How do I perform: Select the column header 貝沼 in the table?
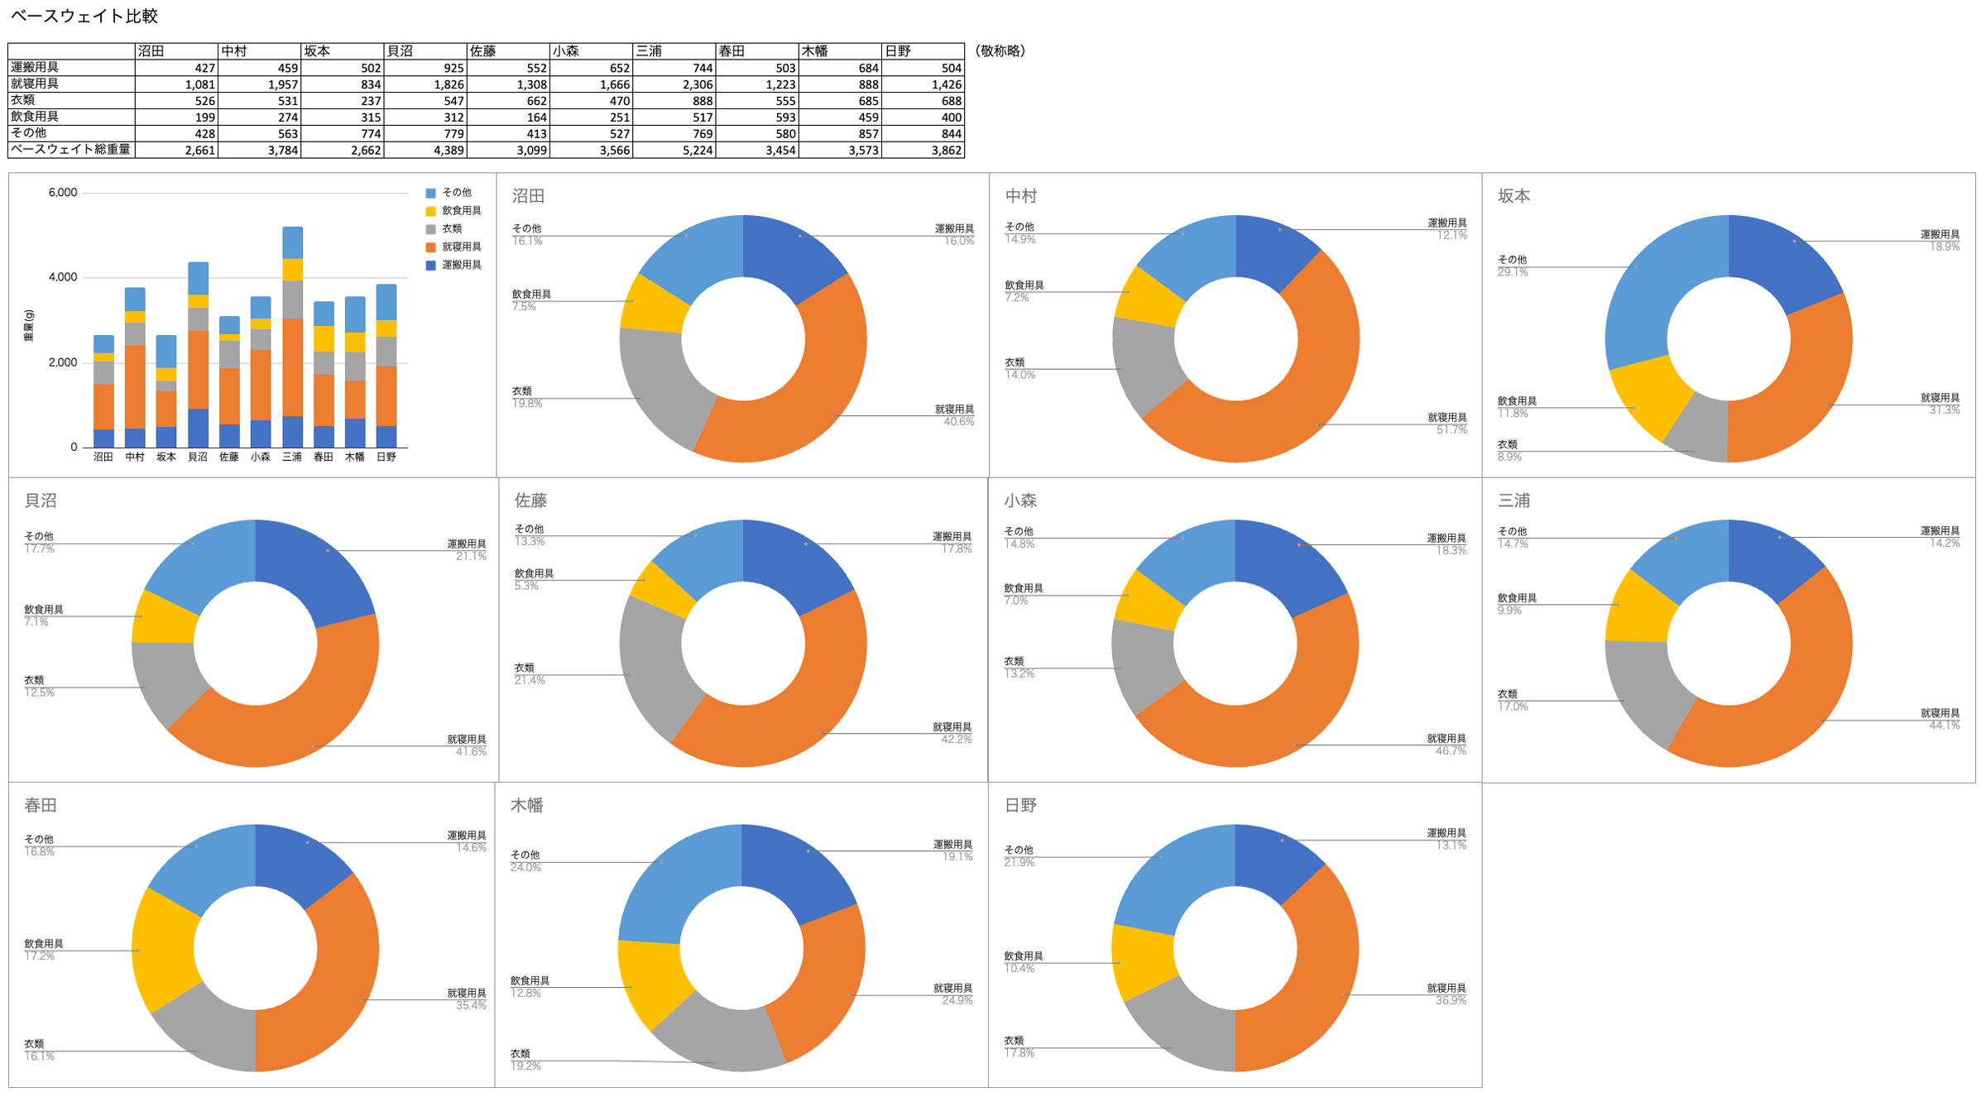[x=401, y=51]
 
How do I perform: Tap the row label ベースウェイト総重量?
[x=70, y=150]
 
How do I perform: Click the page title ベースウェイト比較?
[x=84, y=16]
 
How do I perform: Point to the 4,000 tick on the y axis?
[x=62, y=278]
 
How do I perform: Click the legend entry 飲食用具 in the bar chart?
[x=461, y=211]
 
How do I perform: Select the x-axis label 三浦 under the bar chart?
[x=292, y=457]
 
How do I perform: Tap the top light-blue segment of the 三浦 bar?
[x=292, y=242]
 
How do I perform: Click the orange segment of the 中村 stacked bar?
[x=135, y=386]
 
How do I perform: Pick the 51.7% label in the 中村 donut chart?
[x=1451, y=430]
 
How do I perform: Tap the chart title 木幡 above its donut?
[x=526, y=806]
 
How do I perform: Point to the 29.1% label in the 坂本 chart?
[x=1512, y=272]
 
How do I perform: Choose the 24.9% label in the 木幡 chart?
[x=957, y=1001]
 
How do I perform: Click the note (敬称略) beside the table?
[x=1000, y=51]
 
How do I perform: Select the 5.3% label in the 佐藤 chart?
[x=526, y=587]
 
